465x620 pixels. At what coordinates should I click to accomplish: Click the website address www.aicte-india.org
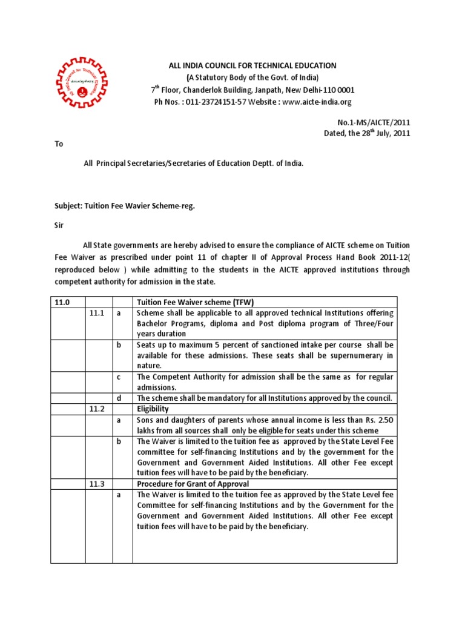(317, 102)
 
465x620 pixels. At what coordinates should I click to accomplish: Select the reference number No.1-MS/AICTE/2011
(374, 122)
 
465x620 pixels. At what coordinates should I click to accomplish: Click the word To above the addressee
(59, 145)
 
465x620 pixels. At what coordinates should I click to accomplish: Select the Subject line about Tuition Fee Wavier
(125, 206)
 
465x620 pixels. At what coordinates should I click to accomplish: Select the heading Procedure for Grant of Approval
(193, 484)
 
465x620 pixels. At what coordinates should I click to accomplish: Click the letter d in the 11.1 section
(119, 398)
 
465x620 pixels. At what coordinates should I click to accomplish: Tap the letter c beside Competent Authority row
(119, 377)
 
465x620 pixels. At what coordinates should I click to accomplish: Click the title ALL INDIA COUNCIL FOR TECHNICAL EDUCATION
(251, 65)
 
